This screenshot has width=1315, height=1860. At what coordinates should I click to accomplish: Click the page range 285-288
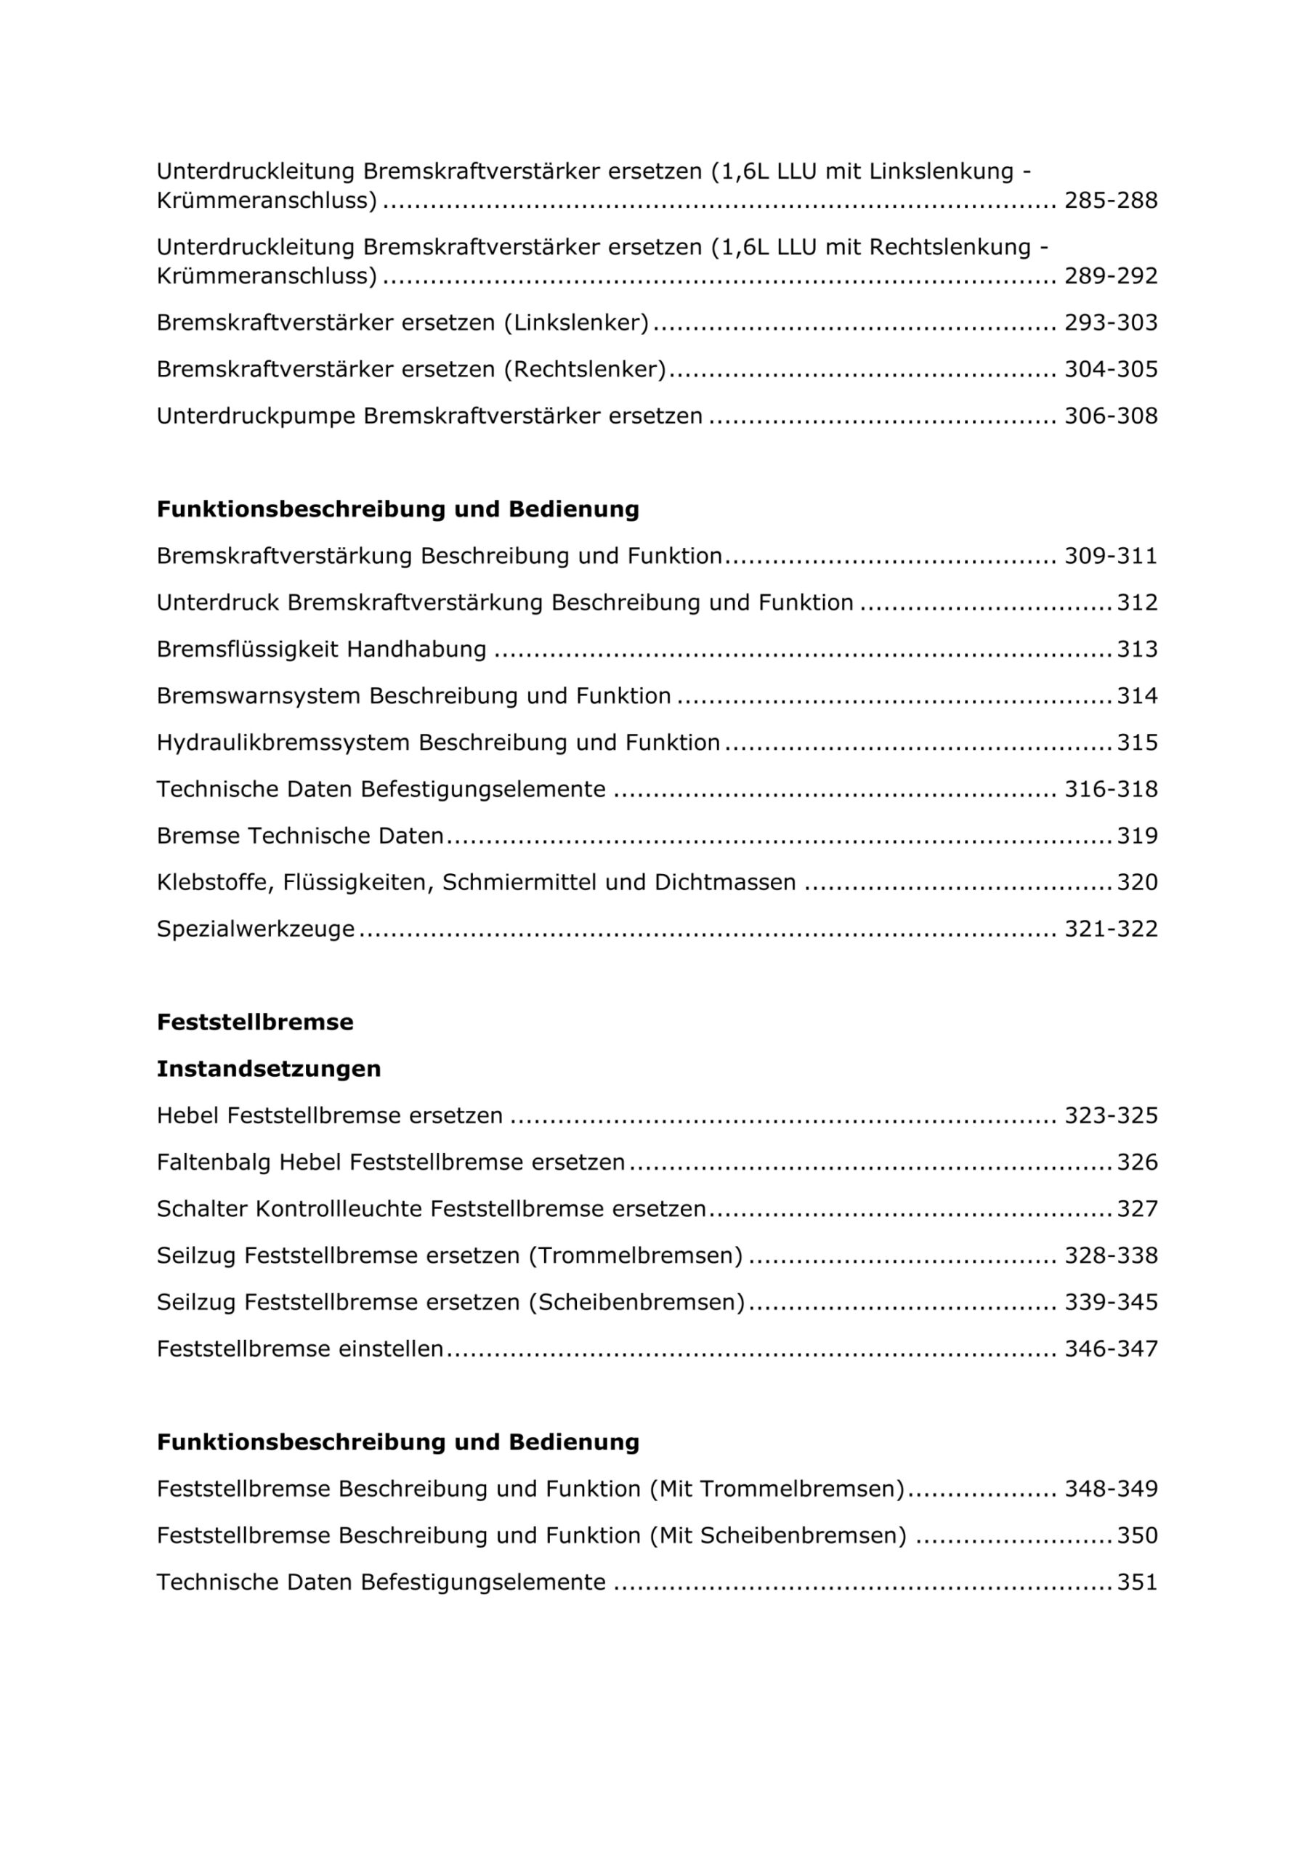point(1110,200)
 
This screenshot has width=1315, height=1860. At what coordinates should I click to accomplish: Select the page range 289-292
point(1110,276)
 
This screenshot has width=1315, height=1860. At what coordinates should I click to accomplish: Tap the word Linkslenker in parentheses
point(576,323)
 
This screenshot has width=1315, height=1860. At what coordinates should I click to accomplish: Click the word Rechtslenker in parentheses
point(584,369)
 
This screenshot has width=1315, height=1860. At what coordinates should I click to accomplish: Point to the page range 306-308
point(1110,416)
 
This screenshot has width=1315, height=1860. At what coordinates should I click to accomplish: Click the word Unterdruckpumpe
point(256,416)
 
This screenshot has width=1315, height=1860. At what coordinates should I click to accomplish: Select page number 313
point(1137,650)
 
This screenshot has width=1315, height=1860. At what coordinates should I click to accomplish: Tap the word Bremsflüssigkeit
point(248,650)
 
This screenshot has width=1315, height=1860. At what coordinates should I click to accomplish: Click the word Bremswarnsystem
point(259,696)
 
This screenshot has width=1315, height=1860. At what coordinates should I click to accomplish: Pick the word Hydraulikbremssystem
point(283,743)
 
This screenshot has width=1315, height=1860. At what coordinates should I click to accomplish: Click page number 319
point(1137,836)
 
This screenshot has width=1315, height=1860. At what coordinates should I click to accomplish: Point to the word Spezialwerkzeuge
point(255,929)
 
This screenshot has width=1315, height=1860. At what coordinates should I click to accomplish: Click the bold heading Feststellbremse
point(255,1022)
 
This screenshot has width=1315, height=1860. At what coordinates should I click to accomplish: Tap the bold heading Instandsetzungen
point(268,1069)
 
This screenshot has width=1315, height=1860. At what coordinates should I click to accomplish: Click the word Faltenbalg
point(214,1162)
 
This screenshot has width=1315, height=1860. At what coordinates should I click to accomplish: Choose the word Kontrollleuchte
point(339,1210)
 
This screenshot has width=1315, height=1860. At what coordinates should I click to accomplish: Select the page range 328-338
point(1110,1255)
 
